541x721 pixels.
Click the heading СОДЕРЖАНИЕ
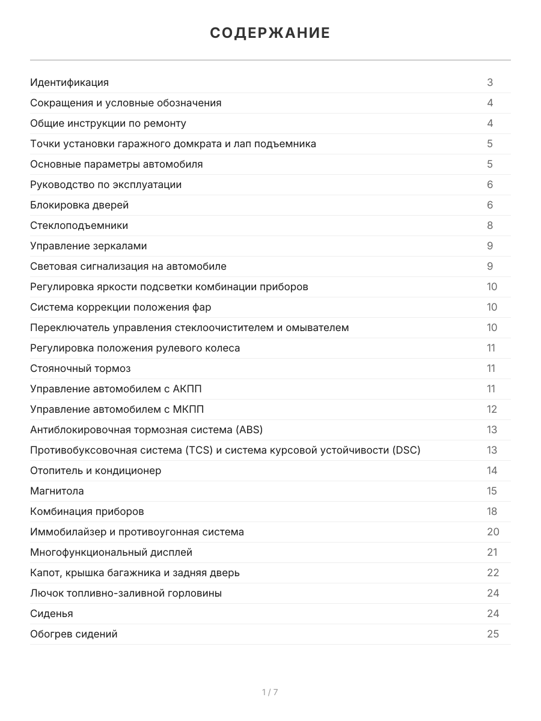(x=270, y=33)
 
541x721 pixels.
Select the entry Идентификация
(x=69, y=82)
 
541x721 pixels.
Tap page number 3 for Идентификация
(x=490, y=82)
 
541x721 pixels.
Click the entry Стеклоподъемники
(x=79, y=225)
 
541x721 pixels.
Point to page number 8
(x=490, y=225)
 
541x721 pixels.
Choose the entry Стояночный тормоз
(x=80, y=368)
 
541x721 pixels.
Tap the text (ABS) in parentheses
(x=249, y=430)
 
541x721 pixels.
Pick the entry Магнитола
(x=57, y=491)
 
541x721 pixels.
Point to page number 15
(x=492, y=491)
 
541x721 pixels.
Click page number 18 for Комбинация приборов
(x=492, y=511)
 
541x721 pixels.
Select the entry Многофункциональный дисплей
(x=111, y=552)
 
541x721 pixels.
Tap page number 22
(x=492, y=573)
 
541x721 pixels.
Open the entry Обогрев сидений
(x=74, y=634)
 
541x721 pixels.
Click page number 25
(x=492, y=634)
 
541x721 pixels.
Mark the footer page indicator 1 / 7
(x=270, y=692)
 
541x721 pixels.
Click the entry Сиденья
(x=52, y=613)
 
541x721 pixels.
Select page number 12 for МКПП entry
(x=492, y=409)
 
